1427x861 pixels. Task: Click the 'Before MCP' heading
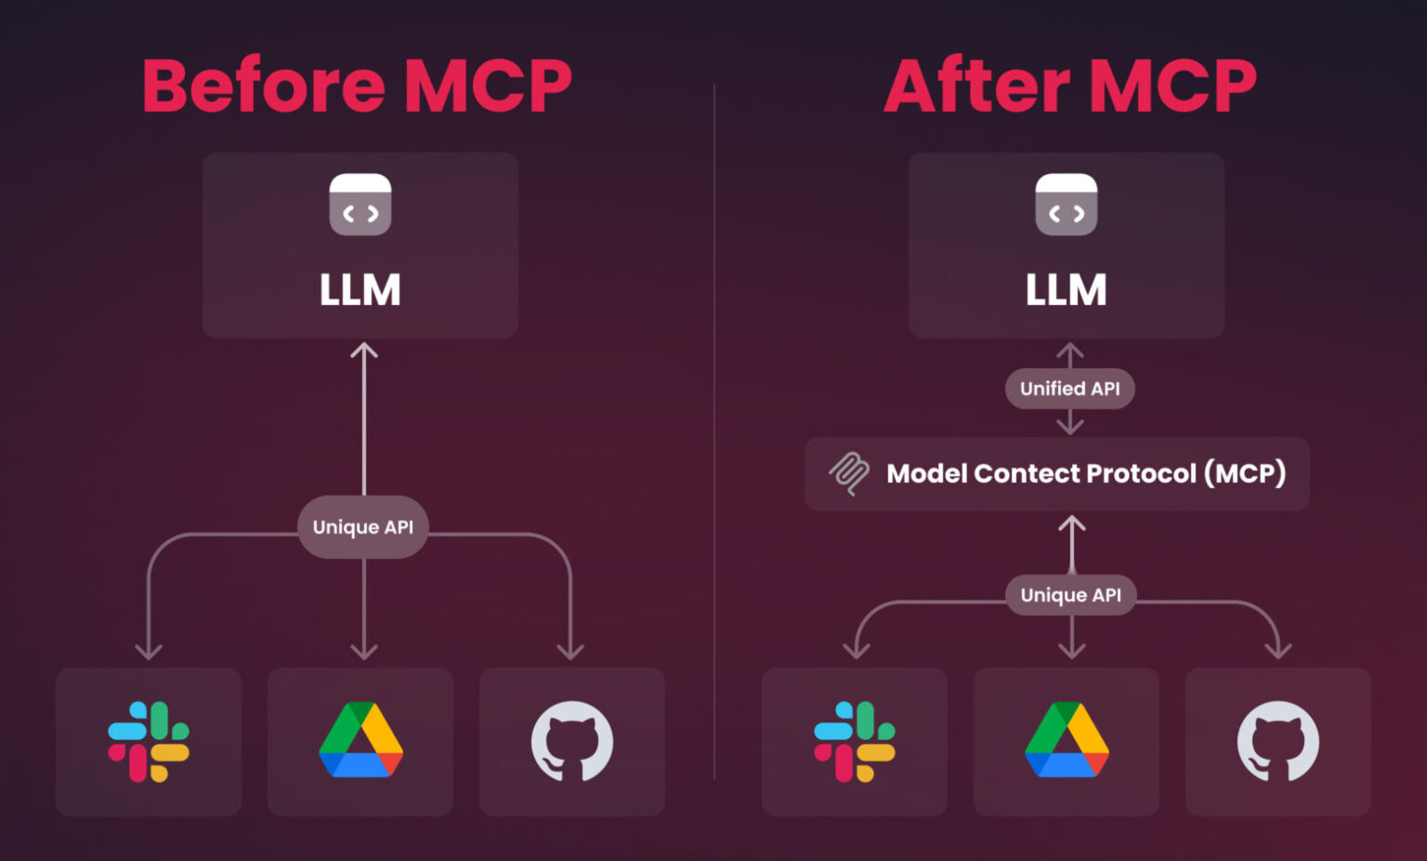(357, 86)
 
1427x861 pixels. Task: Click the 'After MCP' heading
(1069, 86)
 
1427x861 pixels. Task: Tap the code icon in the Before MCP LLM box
(360, 205)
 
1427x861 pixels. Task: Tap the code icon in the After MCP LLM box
(1067, 205)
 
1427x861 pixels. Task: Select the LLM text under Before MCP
(360, 289)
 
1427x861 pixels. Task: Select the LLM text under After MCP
(1067, 289)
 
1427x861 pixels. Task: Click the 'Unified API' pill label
(1069, 389)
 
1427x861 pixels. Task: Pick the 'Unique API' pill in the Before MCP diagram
(363, 527)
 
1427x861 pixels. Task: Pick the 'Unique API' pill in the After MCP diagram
(1070, 595)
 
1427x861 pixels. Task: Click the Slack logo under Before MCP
(149, 741)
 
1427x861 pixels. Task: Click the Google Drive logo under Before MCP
(360, 740)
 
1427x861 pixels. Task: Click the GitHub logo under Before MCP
(571, 741)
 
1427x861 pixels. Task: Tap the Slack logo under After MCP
(855, 741)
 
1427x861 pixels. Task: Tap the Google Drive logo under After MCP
(1067, 740)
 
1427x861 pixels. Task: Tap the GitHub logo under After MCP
(1277, 741)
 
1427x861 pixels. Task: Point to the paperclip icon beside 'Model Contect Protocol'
(849, 473)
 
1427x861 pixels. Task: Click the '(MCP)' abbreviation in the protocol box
(1245, 473)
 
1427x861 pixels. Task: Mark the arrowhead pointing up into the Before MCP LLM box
(364, 351)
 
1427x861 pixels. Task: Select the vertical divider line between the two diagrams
(713, 428)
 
